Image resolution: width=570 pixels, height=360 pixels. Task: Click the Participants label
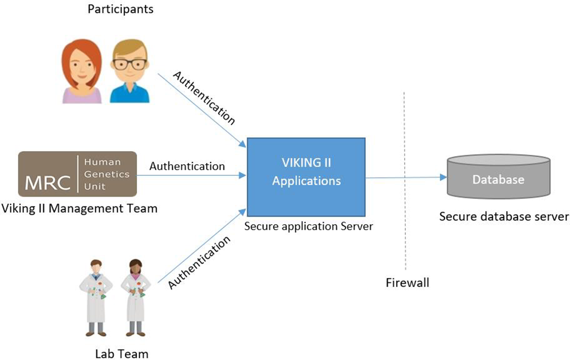(x=120, y=9)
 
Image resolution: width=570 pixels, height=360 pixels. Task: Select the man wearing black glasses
(x=130, y=71)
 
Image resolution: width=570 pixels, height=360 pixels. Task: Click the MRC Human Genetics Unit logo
(x=78, y=174)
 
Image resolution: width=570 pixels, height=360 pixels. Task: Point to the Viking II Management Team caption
(x=79, y=208)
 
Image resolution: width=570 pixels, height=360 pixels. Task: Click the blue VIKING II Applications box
(x=306, y=177)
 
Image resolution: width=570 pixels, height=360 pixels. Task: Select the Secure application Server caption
(x=309, y=226)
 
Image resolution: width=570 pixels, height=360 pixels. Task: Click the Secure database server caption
(x=504, y=216)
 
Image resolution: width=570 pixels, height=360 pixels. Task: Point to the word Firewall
(x=407, y=282)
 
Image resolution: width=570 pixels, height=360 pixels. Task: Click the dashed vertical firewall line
(x=405, y=181)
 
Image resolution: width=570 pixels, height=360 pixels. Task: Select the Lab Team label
(x=122, y=354)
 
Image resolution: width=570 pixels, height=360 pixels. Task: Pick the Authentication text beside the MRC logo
(x=187, y=166)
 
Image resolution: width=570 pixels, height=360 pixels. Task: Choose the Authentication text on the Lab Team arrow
(x=199, y=263)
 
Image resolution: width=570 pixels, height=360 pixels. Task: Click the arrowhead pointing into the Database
(x=443, y=177)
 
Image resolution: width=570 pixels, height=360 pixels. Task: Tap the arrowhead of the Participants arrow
(x=243, y=144)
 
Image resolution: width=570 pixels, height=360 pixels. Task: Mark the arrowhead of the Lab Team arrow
(x=243, y=212)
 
